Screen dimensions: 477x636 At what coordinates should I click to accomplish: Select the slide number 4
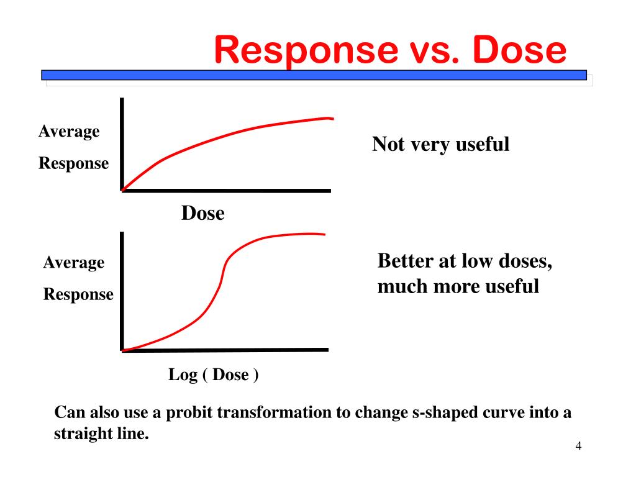pos(578,447)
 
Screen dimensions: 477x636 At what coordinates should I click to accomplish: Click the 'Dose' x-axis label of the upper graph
pos(202,214)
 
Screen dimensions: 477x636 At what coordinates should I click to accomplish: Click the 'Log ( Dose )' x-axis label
pos(214,375)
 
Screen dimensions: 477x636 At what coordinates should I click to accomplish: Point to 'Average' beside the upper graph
pos(69,132)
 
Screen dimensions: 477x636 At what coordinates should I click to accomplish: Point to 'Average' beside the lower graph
pos(73,263)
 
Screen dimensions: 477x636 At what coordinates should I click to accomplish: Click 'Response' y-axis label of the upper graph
pos(73,164)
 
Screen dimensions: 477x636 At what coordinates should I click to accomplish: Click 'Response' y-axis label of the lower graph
pos(78,294)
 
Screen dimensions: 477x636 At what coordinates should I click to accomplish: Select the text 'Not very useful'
pos(440,145)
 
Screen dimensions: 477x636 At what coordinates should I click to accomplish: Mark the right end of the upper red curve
pos(332,118)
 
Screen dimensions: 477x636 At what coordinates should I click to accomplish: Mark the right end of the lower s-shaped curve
pos(324,234)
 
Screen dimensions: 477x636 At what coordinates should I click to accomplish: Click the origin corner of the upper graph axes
pos(122,190)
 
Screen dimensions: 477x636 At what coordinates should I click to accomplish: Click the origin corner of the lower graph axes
pos(122,350)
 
